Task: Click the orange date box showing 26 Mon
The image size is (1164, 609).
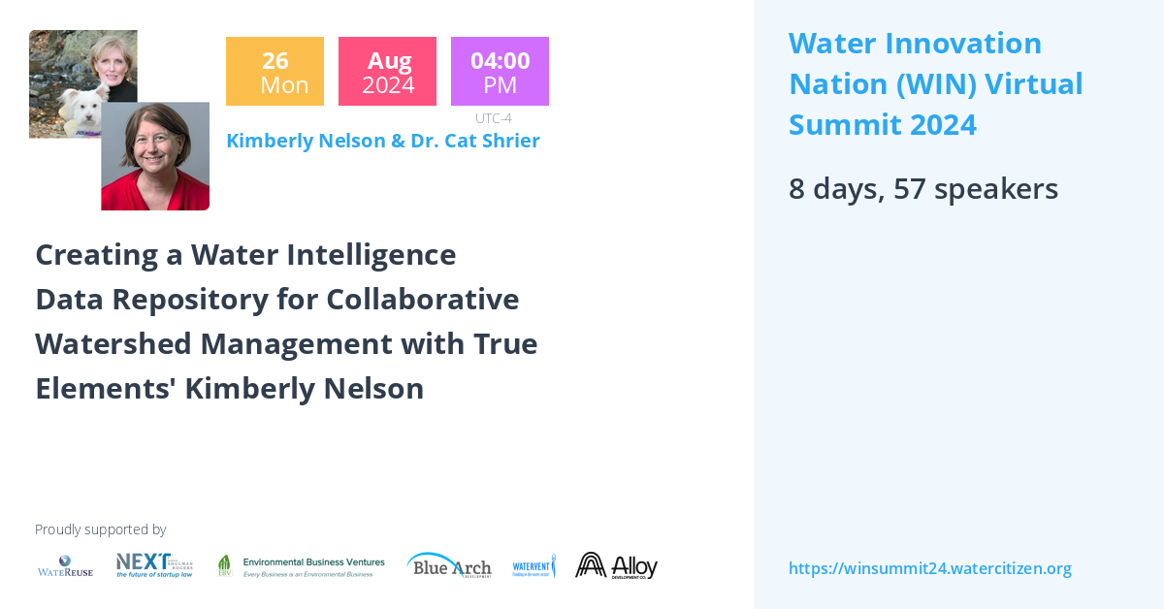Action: tap(275, 72)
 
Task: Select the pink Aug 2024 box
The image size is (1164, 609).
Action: tap(387, 72)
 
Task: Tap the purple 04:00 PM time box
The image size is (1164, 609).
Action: tap(500, 72)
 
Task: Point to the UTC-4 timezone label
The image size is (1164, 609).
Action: tap(494, 118)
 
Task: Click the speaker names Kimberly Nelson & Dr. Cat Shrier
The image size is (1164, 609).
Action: tap(382, 141)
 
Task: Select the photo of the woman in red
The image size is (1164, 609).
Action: tap(155, 157)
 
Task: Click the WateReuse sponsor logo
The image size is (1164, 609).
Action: tap(65, 566)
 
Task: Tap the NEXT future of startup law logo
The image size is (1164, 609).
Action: tap(153, 565)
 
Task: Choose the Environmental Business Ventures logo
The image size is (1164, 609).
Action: tap(301, 566)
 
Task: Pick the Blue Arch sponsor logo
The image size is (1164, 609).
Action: tap(449, 565)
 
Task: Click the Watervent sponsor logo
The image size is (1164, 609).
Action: tap(533, 566)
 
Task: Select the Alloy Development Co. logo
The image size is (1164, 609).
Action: tap(617, 565)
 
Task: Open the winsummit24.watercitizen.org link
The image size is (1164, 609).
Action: tap(929, 568)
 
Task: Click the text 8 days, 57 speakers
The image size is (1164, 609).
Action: tap(922, 188)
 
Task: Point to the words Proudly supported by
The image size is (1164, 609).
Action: tap(100, 529)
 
